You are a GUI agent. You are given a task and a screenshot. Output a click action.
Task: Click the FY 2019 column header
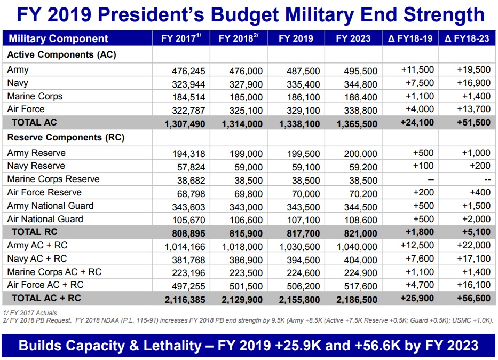(296, 38)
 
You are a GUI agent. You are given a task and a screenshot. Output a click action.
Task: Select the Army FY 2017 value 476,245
(188, 71)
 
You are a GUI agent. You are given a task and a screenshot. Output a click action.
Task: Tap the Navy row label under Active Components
(18, 83)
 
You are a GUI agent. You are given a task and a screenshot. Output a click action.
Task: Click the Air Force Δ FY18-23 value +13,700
(473, 109)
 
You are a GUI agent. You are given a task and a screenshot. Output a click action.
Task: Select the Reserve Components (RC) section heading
(66, 137)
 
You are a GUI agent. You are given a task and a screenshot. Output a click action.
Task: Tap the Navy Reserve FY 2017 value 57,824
(191, 167)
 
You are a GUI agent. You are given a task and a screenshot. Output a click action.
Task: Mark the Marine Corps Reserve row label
(53, 179)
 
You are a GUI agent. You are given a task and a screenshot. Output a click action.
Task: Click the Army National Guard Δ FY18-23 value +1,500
(476, 206)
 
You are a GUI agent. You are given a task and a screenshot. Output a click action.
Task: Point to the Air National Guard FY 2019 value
(303, 220)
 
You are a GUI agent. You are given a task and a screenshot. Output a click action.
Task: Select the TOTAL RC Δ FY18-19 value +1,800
(417, 232)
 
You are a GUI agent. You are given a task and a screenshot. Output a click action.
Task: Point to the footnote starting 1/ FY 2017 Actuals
(30, 312)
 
